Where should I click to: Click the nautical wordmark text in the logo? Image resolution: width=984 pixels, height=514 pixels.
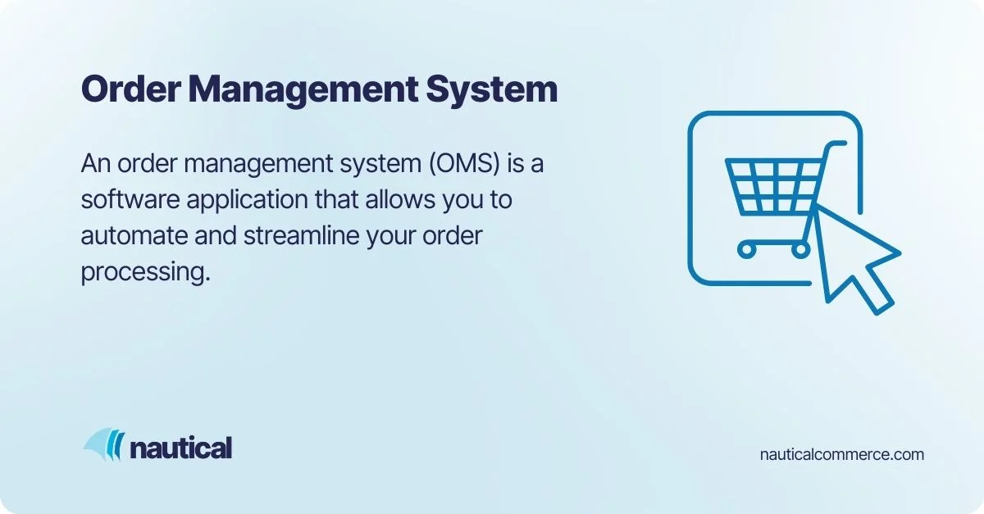point(180,448)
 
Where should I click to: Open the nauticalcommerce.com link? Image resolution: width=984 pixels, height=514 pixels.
point(842,453)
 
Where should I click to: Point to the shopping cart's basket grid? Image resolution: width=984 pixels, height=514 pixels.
point(774,184)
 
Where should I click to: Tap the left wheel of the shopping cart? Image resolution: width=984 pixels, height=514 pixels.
point(746,248)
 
